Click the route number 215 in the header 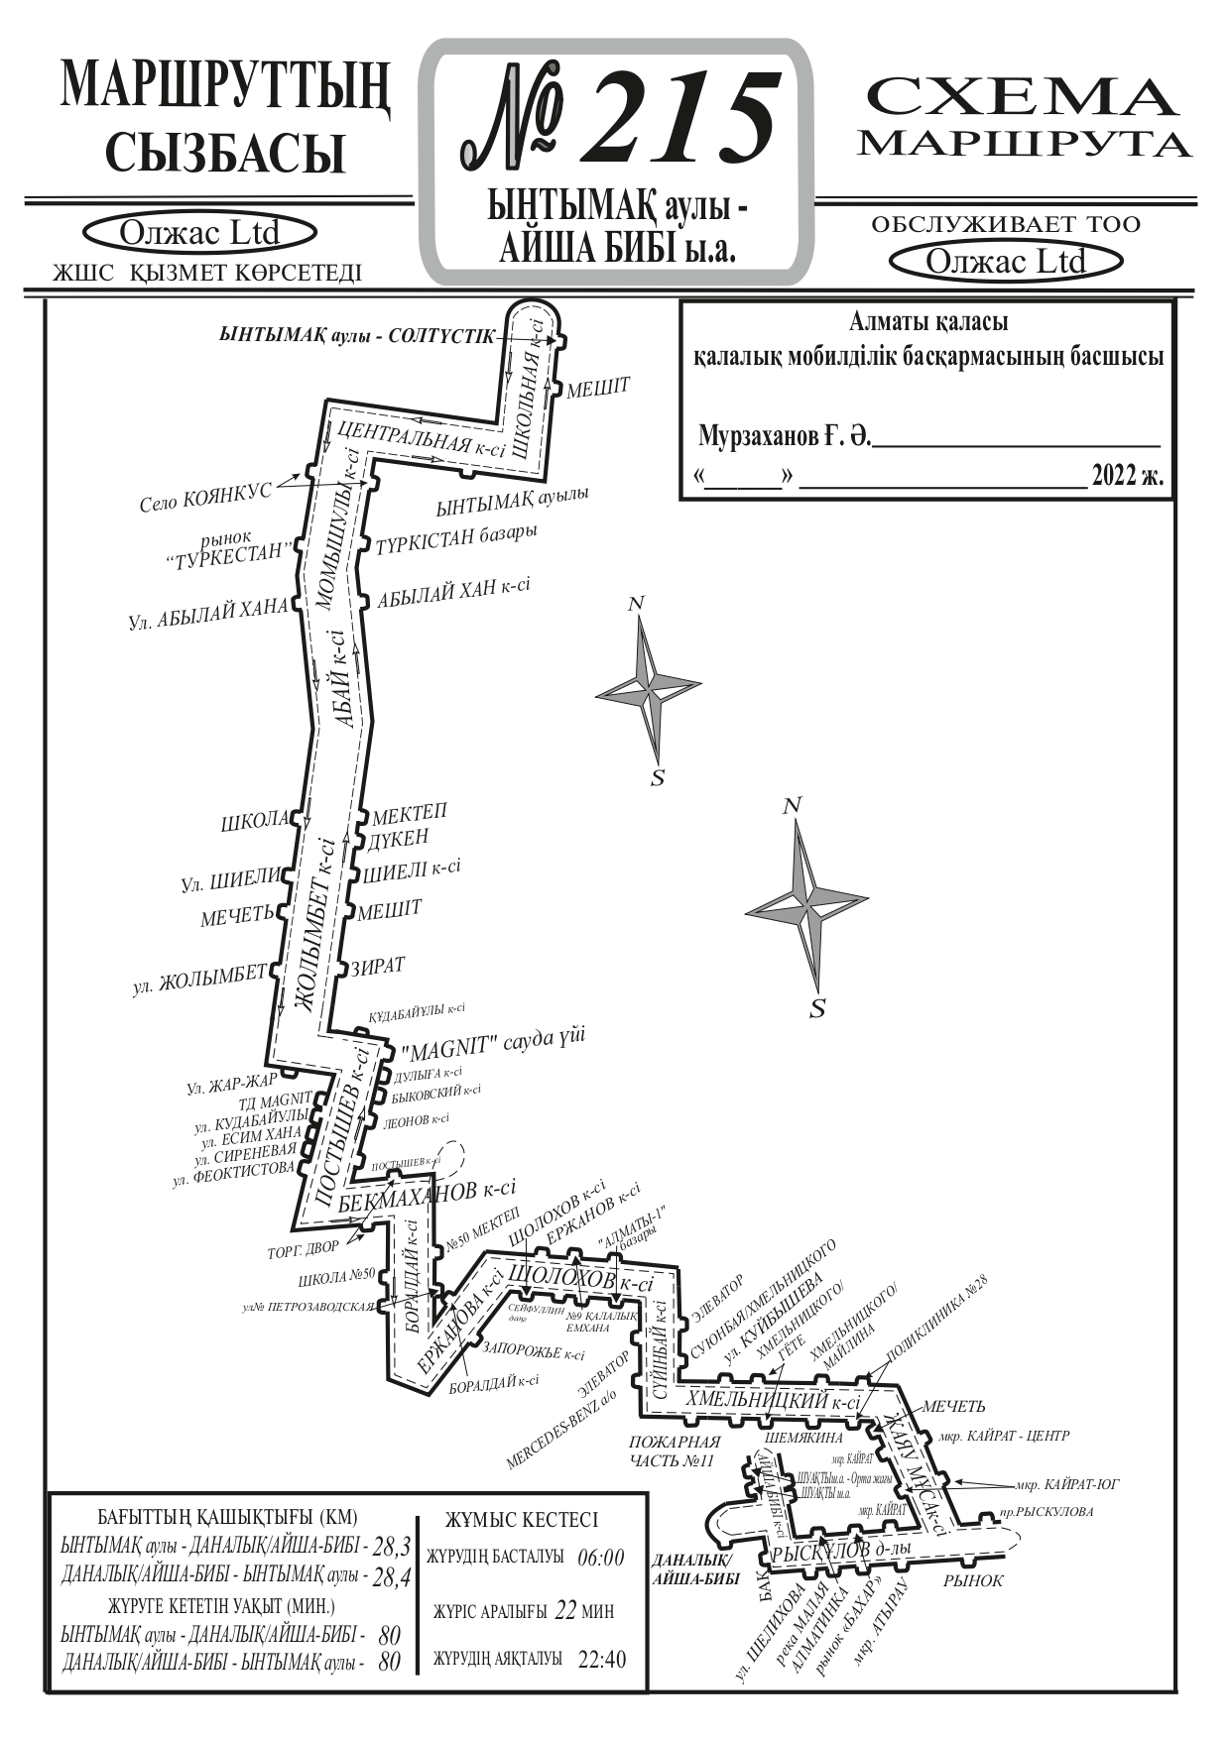click(675, 117)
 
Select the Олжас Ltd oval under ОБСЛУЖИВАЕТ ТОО click(1006, 262)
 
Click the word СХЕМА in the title click(1023, 98)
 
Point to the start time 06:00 click(601, 1557)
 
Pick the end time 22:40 click(601, 1659)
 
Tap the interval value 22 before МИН click(565, 1610)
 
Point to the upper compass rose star click(649, 688)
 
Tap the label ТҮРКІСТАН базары click(456, 538)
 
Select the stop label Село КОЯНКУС click(205, 498)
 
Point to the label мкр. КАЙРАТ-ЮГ click(1067, 1484)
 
